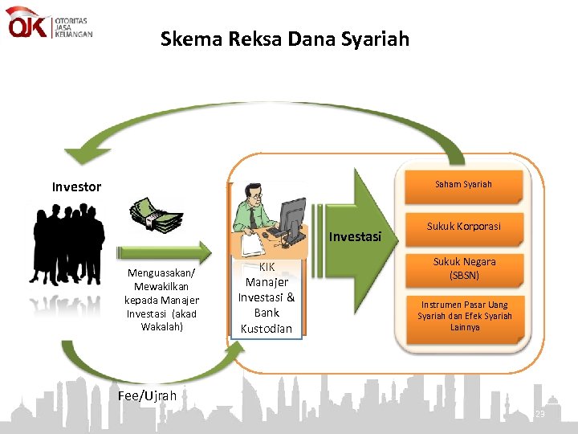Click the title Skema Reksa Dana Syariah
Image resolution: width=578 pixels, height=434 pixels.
[x=284, y=39]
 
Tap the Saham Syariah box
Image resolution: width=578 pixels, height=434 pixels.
[x=463, y=185]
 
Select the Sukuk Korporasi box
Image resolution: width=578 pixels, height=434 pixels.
[x=463, y=227]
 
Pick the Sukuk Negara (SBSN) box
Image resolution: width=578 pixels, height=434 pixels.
[x=464, y=268]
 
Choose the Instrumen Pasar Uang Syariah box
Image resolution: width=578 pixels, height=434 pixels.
[x=464, y=316]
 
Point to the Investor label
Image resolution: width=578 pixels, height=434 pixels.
[x=76, y=187]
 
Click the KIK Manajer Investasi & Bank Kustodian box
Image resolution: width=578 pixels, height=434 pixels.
[x=266, y=297]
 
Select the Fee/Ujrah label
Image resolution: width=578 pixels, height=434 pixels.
[x=147, y=395]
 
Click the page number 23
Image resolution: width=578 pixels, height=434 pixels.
[x=539, y=413]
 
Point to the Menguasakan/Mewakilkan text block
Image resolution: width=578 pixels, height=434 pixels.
[x=161, y=300]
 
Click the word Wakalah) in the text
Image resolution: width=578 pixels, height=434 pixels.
[x=161, y=327]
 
